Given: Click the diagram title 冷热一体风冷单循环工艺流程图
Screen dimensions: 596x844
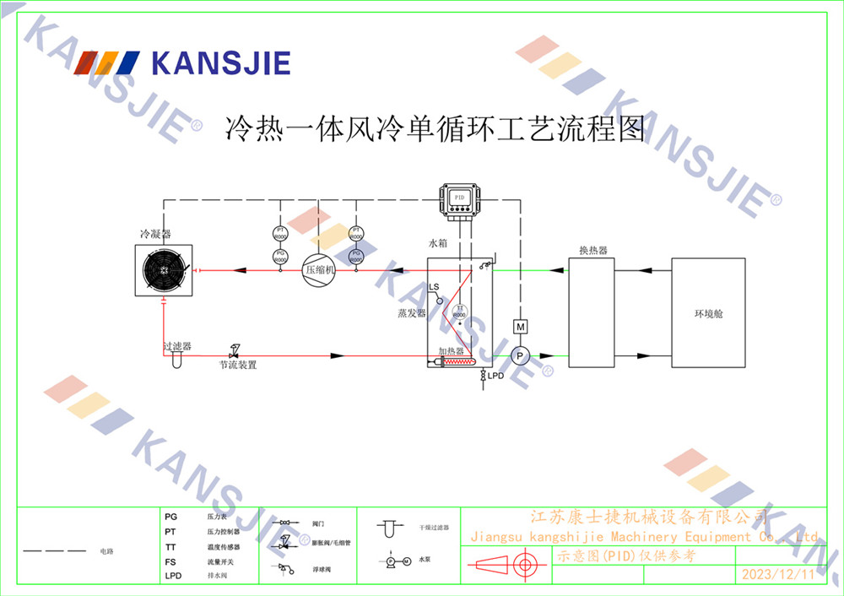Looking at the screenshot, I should click(x=436, y=129).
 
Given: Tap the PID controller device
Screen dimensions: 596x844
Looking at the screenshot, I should click(x=460, y=199).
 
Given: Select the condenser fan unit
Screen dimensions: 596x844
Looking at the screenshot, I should click(x=165, y=270).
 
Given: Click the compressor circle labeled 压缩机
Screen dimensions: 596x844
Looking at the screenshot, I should click(x=319, y=270).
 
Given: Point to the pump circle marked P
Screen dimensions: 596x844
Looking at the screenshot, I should click(x=521, y=356).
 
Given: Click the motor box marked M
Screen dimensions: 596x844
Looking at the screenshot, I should click(x=521, y=327).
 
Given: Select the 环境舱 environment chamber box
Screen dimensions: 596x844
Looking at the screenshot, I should click(x=708, y=313).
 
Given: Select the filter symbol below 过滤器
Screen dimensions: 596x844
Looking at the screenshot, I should click(x=176, y=360).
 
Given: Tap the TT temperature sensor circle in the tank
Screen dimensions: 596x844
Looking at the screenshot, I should click(x=460, y=312).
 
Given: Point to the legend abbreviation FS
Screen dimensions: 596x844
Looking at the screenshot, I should click(x=170, y=561).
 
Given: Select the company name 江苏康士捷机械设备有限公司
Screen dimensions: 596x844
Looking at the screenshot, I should click(x=648, y=517).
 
